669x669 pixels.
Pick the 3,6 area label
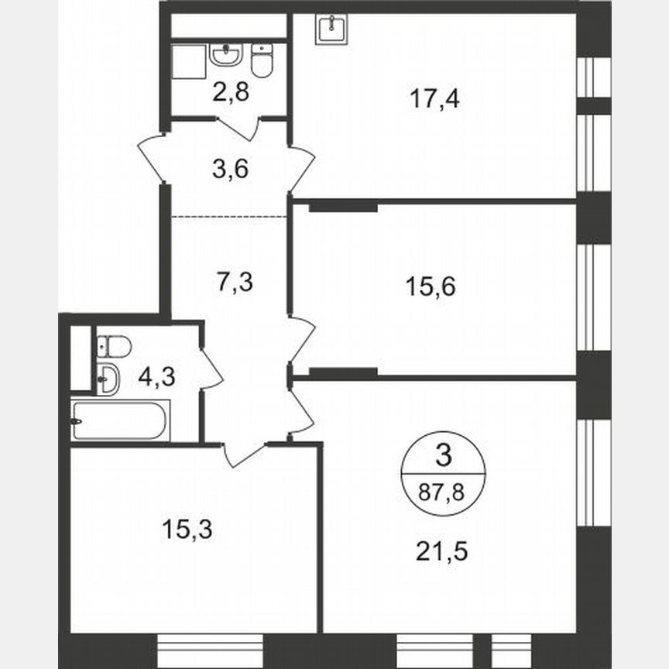229,168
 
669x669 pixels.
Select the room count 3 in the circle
443,457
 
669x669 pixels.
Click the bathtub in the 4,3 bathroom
120,420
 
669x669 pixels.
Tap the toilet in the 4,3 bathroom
114,346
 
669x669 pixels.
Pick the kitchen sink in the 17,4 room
331,29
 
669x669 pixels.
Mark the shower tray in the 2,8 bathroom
187,60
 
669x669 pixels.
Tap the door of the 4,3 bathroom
211,369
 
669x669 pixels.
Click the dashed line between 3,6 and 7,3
229,216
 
